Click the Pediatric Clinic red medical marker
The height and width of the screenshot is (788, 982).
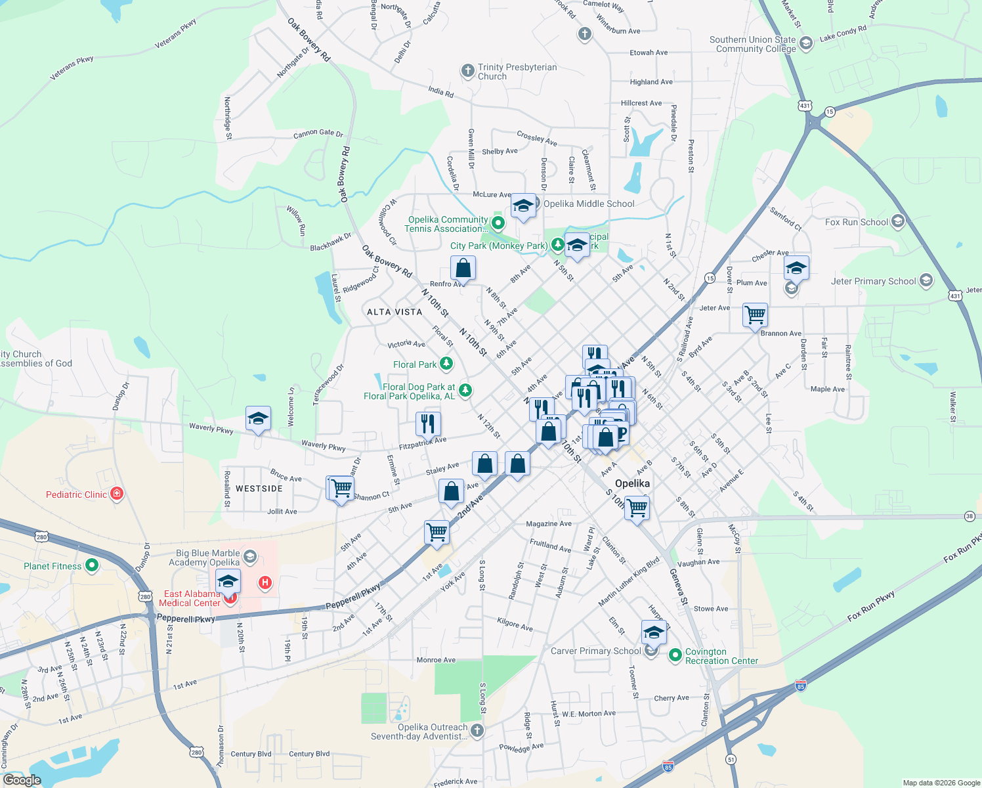coord(117,494)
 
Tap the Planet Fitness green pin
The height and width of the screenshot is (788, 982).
coord(92,565)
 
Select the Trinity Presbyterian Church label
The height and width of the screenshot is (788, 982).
coord(517,72)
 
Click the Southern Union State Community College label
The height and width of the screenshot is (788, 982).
coord(752,44)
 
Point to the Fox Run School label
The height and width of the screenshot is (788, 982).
coord(856,222)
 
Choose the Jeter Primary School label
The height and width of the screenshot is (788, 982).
coord(873,281)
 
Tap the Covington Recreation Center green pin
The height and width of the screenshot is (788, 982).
coord(675,655)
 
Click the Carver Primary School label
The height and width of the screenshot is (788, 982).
coord(595,651)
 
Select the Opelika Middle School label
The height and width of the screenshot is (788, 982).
coord(589,204)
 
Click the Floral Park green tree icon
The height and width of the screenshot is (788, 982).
coord(446,363)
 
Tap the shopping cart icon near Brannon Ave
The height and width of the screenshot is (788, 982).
coord(756,315)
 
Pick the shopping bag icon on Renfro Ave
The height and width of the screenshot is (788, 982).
coord(463,268)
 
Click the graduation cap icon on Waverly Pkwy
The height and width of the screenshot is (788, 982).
coord(258,418)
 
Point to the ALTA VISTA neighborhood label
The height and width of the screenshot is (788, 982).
coord(395,312)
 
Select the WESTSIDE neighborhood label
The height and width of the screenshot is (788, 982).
coord(259,489)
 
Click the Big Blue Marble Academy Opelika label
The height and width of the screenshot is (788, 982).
coord(204,558)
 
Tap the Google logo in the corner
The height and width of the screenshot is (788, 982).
coord(22,780)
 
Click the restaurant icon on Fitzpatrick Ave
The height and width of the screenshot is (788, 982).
coord(428,424)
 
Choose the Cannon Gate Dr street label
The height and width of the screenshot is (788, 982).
coord(318,133)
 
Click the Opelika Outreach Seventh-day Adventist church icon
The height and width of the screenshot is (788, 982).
coord(477,730)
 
